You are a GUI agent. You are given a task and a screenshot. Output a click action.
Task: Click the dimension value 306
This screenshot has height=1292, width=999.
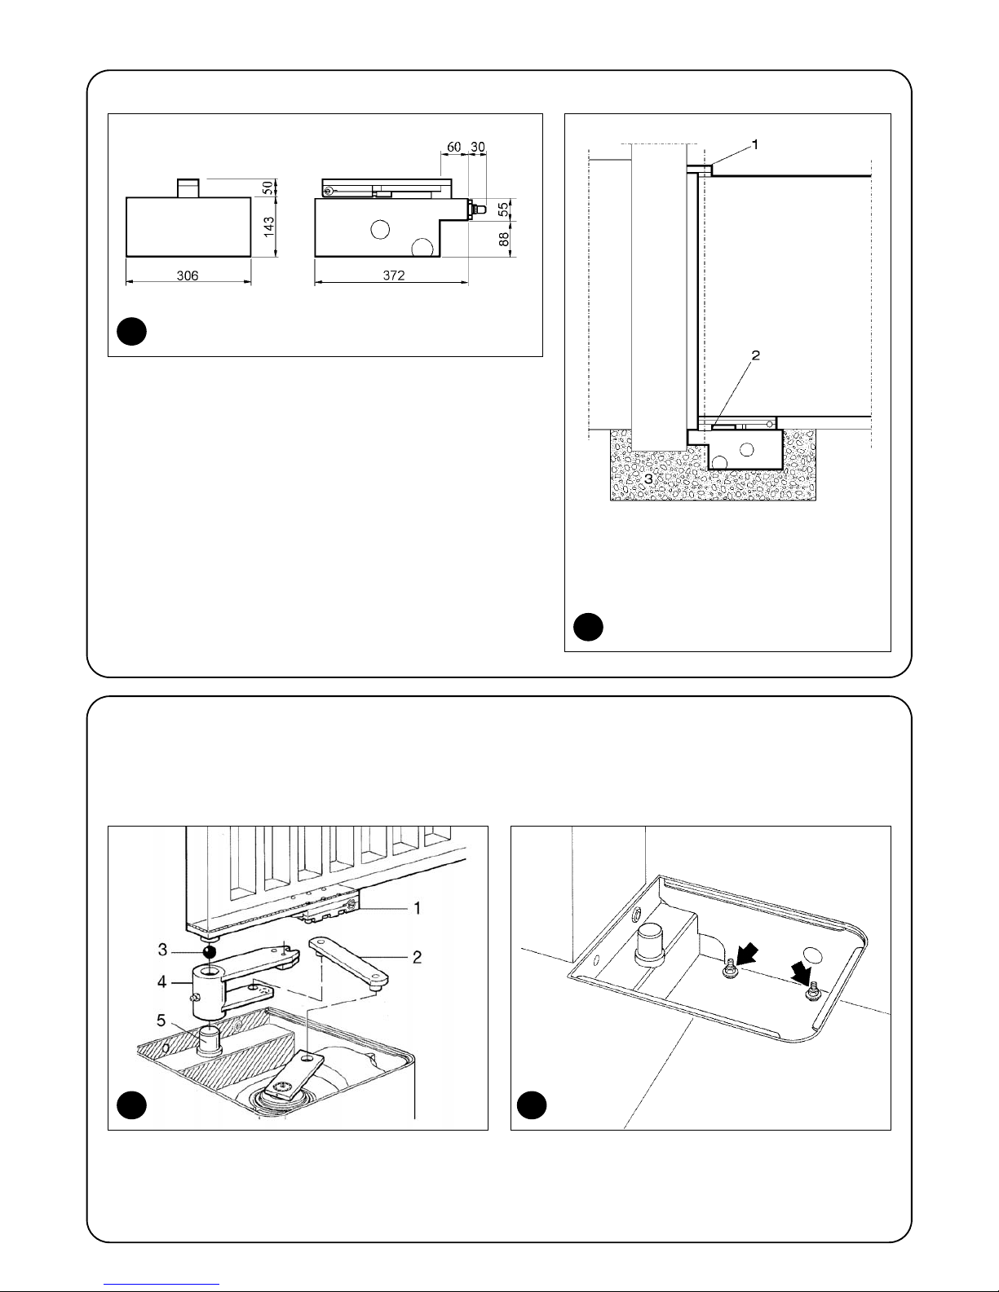coord(187,276)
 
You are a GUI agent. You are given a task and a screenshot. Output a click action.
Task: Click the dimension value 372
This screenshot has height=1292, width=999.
coord(394,276)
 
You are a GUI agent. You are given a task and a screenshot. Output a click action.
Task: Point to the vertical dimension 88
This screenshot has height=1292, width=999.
coord(503,239)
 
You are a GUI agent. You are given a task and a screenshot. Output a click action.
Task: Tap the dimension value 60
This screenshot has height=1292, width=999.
coord(454,146)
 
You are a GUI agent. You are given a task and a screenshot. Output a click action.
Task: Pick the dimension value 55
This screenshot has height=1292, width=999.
coord(503,207)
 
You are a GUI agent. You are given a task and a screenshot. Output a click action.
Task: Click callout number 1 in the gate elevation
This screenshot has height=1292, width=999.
coord(754,143)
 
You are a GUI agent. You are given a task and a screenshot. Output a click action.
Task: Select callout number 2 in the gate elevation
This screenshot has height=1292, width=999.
coord(755,356)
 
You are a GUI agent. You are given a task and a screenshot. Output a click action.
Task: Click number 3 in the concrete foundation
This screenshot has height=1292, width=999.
coord(648,480)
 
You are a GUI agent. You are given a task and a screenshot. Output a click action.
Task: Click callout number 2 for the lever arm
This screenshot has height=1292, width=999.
coord(417,957)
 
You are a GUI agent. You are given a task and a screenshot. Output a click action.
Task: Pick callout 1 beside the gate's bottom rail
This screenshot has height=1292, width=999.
coord(417,907)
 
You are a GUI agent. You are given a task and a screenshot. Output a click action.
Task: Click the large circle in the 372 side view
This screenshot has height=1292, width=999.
coord(380,230)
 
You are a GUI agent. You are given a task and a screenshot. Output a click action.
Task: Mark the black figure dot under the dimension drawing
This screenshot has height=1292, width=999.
coord(130,332)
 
